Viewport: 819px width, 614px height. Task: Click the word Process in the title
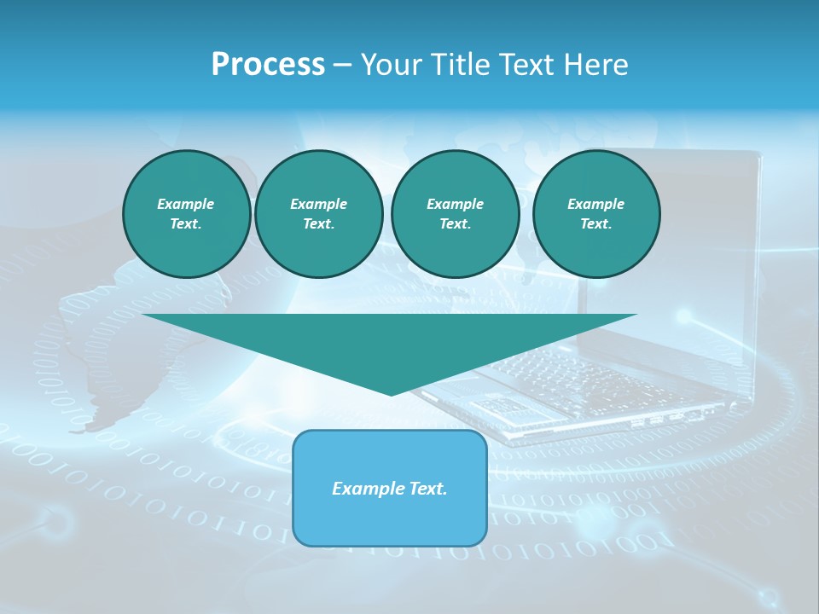[268, 65]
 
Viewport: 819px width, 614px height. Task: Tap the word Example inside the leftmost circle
[186, 204]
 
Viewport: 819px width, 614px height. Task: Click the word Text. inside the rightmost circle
[595, 224]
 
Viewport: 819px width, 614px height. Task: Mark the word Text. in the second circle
[318, 224]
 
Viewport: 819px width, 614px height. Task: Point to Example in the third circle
[455, 204]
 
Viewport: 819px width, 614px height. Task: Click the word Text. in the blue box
[427, 489]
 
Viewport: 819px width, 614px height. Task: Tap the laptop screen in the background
[682, 256]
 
